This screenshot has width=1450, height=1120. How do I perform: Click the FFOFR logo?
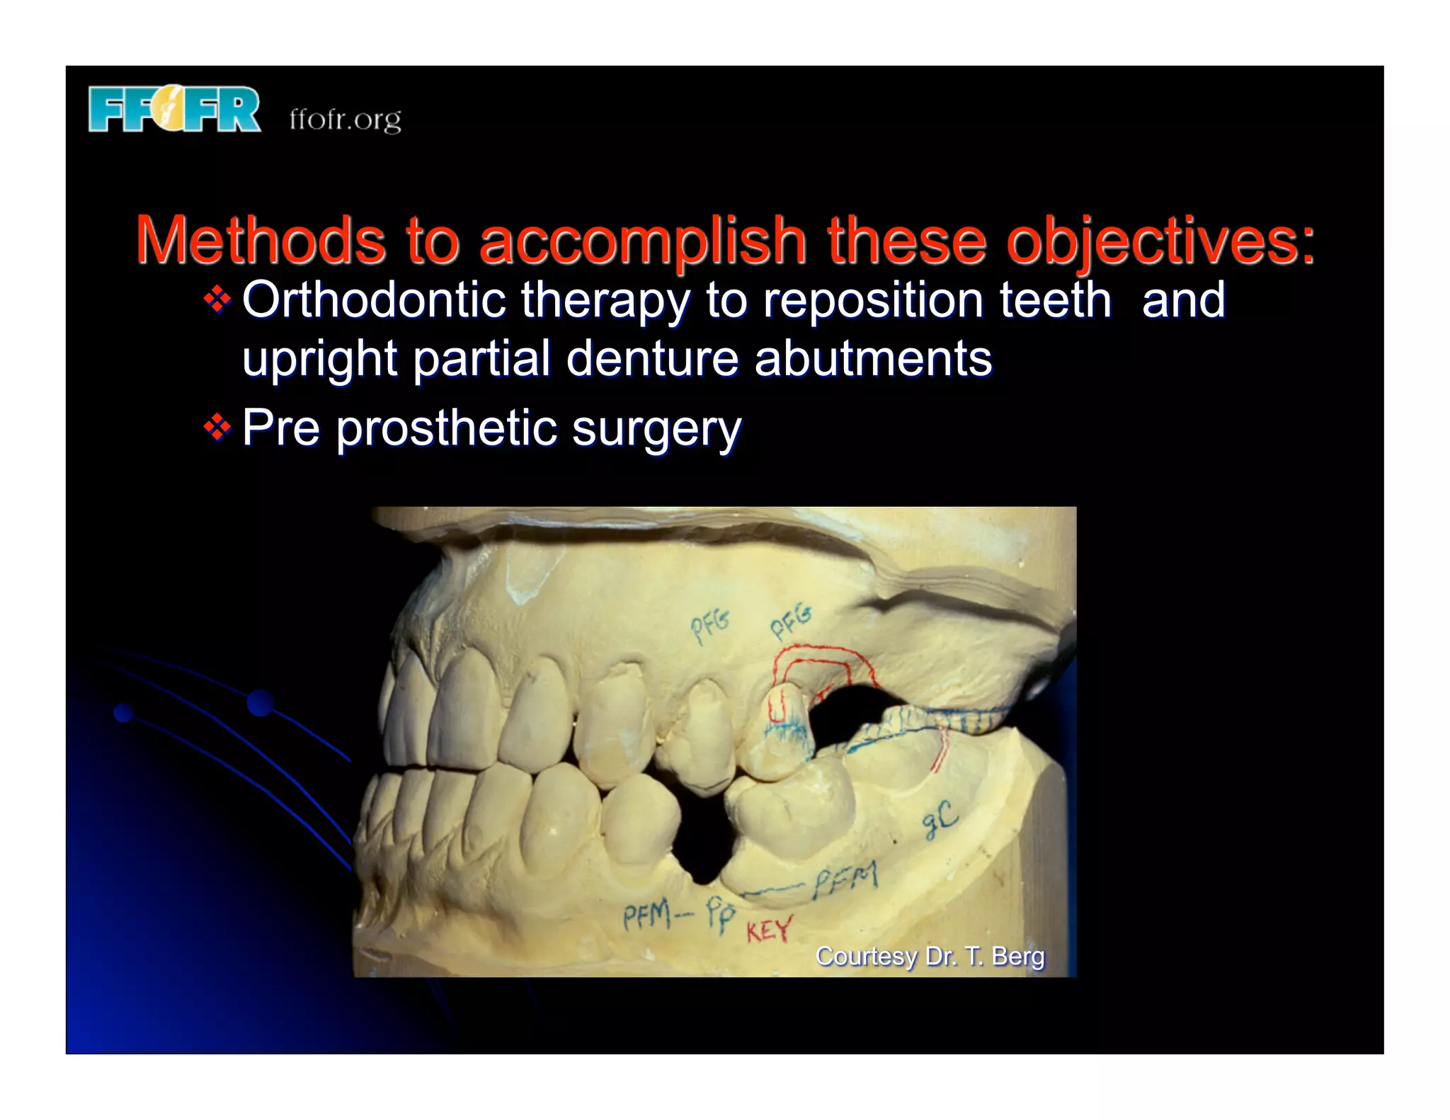[x=174, y=110]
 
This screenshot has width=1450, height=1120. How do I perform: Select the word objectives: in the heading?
[x=1160, y=241]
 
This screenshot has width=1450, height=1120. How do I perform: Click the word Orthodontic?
[x=373, y=300]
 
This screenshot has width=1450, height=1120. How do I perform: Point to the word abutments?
[x=873, y=358]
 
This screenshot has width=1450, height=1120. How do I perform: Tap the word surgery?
[x=656, y=429]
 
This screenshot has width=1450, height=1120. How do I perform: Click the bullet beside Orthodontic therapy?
[x=217, y=300]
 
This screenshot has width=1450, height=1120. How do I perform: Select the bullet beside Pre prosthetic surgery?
[x=217, y=428]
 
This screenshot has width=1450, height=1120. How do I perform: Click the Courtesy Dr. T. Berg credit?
[x=930, y=956]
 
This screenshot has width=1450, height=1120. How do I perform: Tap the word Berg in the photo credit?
[x=1017, y=956]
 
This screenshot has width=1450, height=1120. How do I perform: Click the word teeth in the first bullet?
[x=1055, y=300]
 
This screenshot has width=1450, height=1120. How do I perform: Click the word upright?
[x=319, y=360]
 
